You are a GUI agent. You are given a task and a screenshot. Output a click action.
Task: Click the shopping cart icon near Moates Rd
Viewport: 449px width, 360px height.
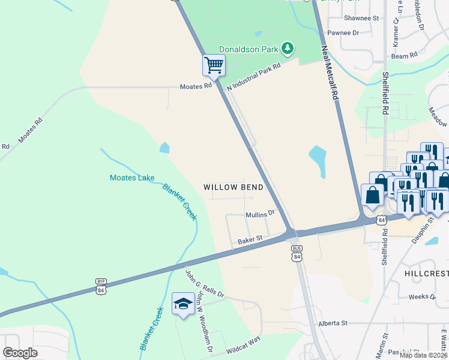(x=214, y=65)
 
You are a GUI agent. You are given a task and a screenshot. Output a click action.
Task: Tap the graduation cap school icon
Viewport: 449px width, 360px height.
(x=183, y=304)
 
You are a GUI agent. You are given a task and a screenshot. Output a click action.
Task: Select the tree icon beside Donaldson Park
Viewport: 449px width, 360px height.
(x=288, y=47)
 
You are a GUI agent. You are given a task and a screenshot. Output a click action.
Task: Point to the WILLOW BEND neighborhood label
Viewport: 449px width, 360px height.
(x=233, y=187)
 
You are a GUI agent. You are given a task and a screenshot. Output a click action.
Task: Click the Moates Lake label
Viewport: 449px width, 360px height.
(x=132, y=178)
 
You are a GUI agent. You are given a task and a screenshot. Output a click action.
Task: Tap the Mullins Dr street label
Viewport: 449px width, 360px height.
(x=260, y=214)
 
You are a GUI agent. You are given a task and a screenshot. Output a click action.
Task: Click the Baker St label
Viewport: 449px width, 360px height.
(x=250, y=239)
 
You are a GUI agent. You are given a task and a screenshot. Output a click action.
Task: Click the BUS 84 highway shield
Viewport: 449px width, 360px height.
(x=296, y=253)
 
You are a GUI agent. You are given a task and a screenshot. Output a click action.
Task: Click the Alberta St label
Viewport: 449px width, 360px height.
(x=334, y=323)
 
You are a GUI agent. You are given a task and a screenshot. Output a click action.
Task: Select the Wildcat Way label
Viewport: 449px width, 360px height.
(x=243, y=345)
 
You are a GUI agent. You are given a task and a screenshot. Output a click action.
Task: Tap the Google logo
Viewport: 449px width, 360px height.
(x=20, y=353)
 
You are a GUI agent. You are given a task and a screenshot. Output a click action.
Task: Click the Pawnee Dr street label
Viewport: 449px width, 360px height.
(x=343, y=33)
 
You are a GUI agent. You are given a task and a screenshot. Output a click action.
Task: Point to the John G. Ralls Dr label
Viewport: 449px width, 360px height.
(x=204, y=284)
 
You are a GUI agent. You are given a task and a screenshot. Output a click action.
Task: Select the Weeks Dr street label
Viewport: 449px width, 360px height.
(x=421, y=296)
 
